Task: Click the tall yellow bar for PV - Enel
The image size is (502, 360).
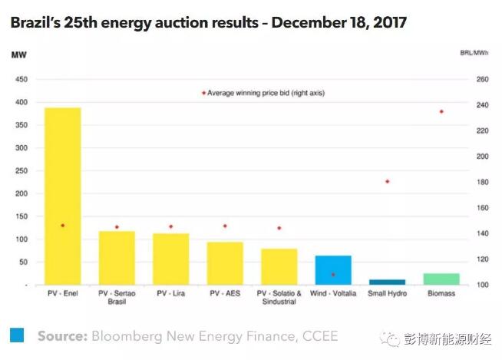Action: pyautogui.click(x=62, y=196)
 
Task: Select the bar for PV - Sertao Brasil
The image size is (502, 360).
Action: pyautogui.click(x=117, y=257)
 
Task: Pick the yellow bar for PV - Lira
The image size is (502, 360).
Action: pyautogui.click(x=170, y=259)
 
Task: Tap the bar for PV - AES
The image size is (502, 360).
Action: pyautogui.click(x=225, y=263)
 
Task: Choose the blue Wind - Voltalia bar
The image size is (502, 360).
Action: pyautogui.click(x=333, y=269)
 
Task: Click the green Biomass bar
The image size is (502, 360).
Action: pyautogui.click(x=441, y=279)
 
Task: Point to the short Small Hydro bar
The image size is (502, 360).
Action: pyautogui.click(x=387, y=282)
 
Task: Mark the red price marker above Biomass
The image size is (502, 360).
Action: pyautogui.click(x=441, y=111)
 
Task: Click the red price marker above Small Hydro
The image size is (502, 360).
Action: pyautogui.click(x=388, y=181)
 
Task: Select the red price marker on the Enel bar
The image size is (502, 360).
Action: pyautogui.click(x=62, y=226)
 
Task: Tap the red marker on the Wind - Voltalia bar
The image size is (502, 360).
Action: pyautogui.click(x=333, y=274)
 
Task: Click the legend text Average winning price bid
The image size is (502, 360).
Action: pyautogui.click(x=266, y=92)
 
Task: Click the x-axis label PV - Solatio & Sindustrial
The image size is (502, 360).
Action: pyautogui.click(x=279, y=297)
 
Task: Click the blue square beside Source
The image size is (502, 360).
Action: pyautogui.click(x=17, y=335)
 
